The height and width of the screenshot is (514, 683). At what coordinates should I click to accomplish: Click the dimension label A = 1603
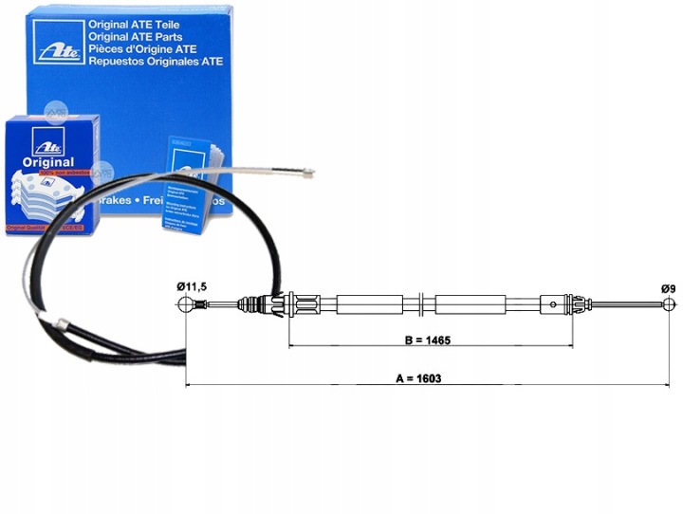(x=418, y=377)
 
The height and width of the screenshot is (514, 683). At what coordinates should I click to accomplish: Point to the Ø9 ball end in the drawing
(x=671, y=304)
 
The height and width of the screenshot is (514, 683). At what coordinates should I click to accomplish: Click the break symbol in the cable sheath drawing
(x=420, y=304)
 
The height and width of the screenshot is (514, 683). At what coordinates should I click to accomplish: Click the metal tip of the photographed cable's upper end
(x=305, y=174)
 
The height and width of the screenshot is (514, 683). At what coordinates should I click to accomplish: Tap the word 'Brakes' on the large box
(x=137, y=202)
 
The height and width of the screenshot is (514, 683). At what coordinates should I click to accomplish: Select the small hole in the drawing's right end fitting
(x=552, y=304)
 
